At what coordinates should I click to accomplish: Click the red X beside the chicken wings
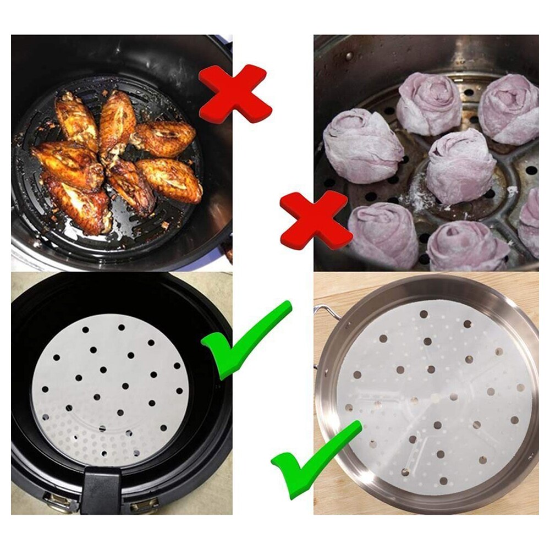point(235,93)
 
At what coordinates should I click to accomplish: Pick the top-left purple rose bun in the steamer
point(428,103)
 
